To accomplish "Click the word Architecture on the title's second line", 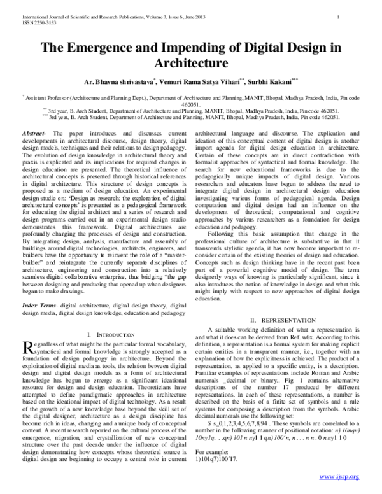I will tap(191, 64).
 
